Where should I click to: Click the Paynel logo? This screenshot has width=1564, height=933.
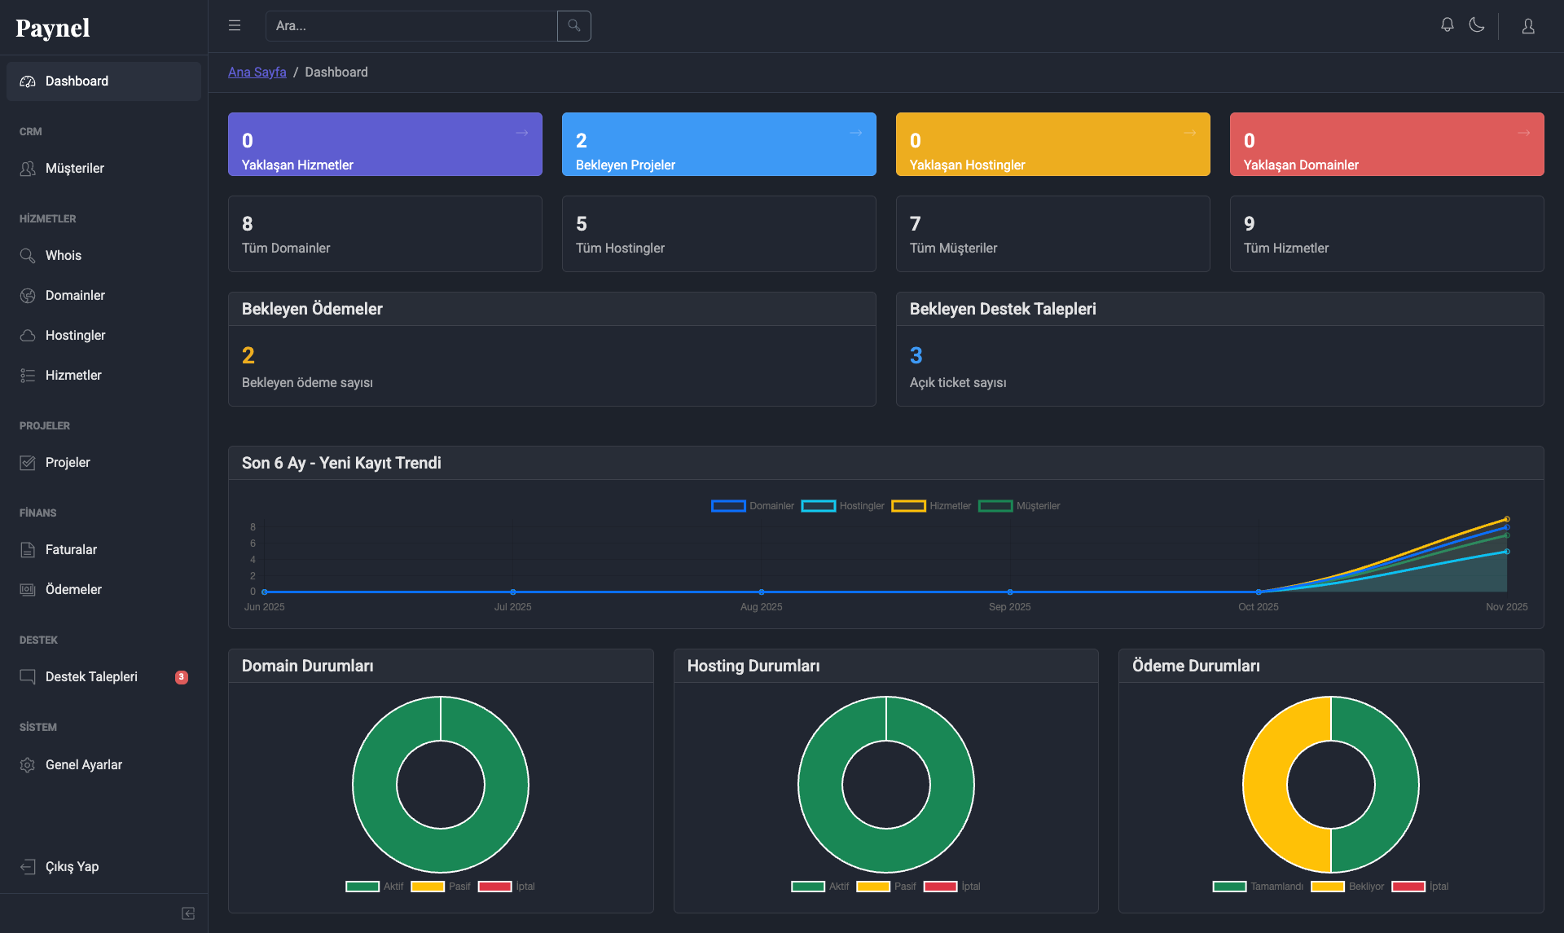pyautogui.click(x=53, y=28)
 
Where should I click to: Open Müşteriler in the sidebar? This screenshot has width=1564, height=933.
pyautogui.click(x=75, y=168)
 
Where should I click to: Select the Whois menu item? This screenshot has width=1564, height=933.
pyautogui.click(x=64, y=255)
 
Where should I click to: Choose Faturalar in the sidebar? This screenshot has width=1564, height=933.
pyautogui.click(x=71, y=549)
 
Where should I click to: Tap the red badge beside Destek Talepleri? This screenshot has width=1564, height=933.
pyautogui.click(x=182, y=677)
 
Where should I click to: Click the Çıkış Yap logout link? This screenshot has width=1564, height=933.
pyautogui.click(x=72, y=866)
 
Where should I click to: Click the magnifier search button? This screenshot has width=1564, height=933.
pyautogui.click(x=574, y=26)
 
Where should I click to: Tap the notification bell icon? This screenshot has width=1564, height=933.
pyautogui.click(x=1448, y=25)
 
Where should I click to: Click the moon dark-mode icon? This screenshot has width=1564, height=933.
pyautogui.click(x=1477, y=25)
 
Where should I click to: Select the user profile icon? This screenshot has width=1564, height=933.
pyautogui.click(x=1528, y=26)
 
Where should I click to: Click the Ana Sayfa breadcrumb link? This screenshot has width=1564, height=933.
pyautogui.click(x=257, y=72)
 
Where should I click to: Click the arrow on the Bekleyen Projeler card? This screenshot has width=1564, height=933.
pyautogui.click(x=856, y=133)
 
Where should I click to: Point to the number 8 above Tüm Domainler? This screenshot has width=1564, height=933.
pyautogui.click(x=248, y=223)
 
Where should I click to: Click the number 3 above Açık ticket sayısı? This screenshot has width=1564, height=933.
pyautogui.click(x=916, y=355)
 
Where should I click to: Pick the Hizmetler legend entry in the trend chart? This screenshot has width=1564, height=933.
pyautogui.click(x=931, y=506)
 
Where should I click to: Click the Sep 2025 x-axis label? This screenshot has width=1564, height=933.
pyautogui.click(x=1010, y=607)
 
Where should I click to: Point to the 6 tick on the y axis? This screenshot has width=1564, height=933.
pyautogui.click(x=253, y=544)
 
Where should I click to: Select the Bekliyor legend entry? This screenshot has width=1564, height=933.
pyautogui.click(x=1347, y=887)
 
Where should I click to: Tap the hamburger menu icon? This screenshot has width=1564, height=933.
pyautogui.click(x=235, y=26)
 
